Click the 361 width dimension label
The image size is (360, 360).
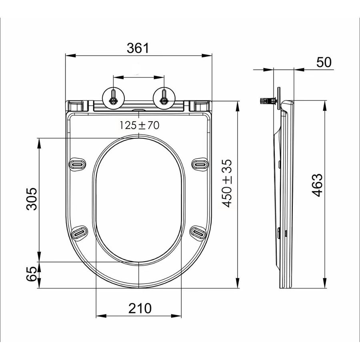coord(138,48)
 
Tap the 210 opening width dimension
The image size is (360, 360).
coord(140,308)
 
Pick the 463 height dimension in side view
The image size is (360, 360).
coord(317,185)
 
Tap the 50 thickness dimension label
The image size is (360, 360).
coord(324,62)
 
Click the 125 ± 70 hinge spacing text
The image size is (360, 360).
coord(140,125)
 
